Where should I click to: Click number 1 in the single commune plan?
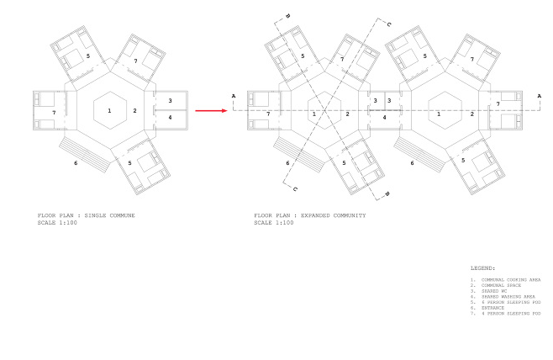[108, 111]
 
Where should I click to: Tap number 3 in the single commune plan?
[171, 101]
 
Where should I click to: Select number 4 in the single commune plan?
[171, 117]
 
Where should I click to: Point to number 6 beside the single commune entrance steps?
[77, 162]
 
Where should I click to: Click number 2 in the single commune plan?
[134, 111]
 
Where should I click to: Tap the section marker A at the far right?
[539, 96]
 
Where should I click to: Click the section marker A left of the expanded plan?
[233, 96]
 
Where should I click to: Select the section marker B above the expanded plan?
[287, 16]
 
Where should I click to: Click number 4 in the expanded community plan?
[384, 118]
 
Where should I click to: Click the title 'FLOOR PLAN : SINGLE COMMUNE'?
[87, 216]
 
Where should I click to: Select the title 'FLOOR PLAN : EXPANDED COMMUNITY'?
[309, 216]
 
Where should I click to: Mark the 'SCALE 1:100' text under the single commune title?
[58, 222]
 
